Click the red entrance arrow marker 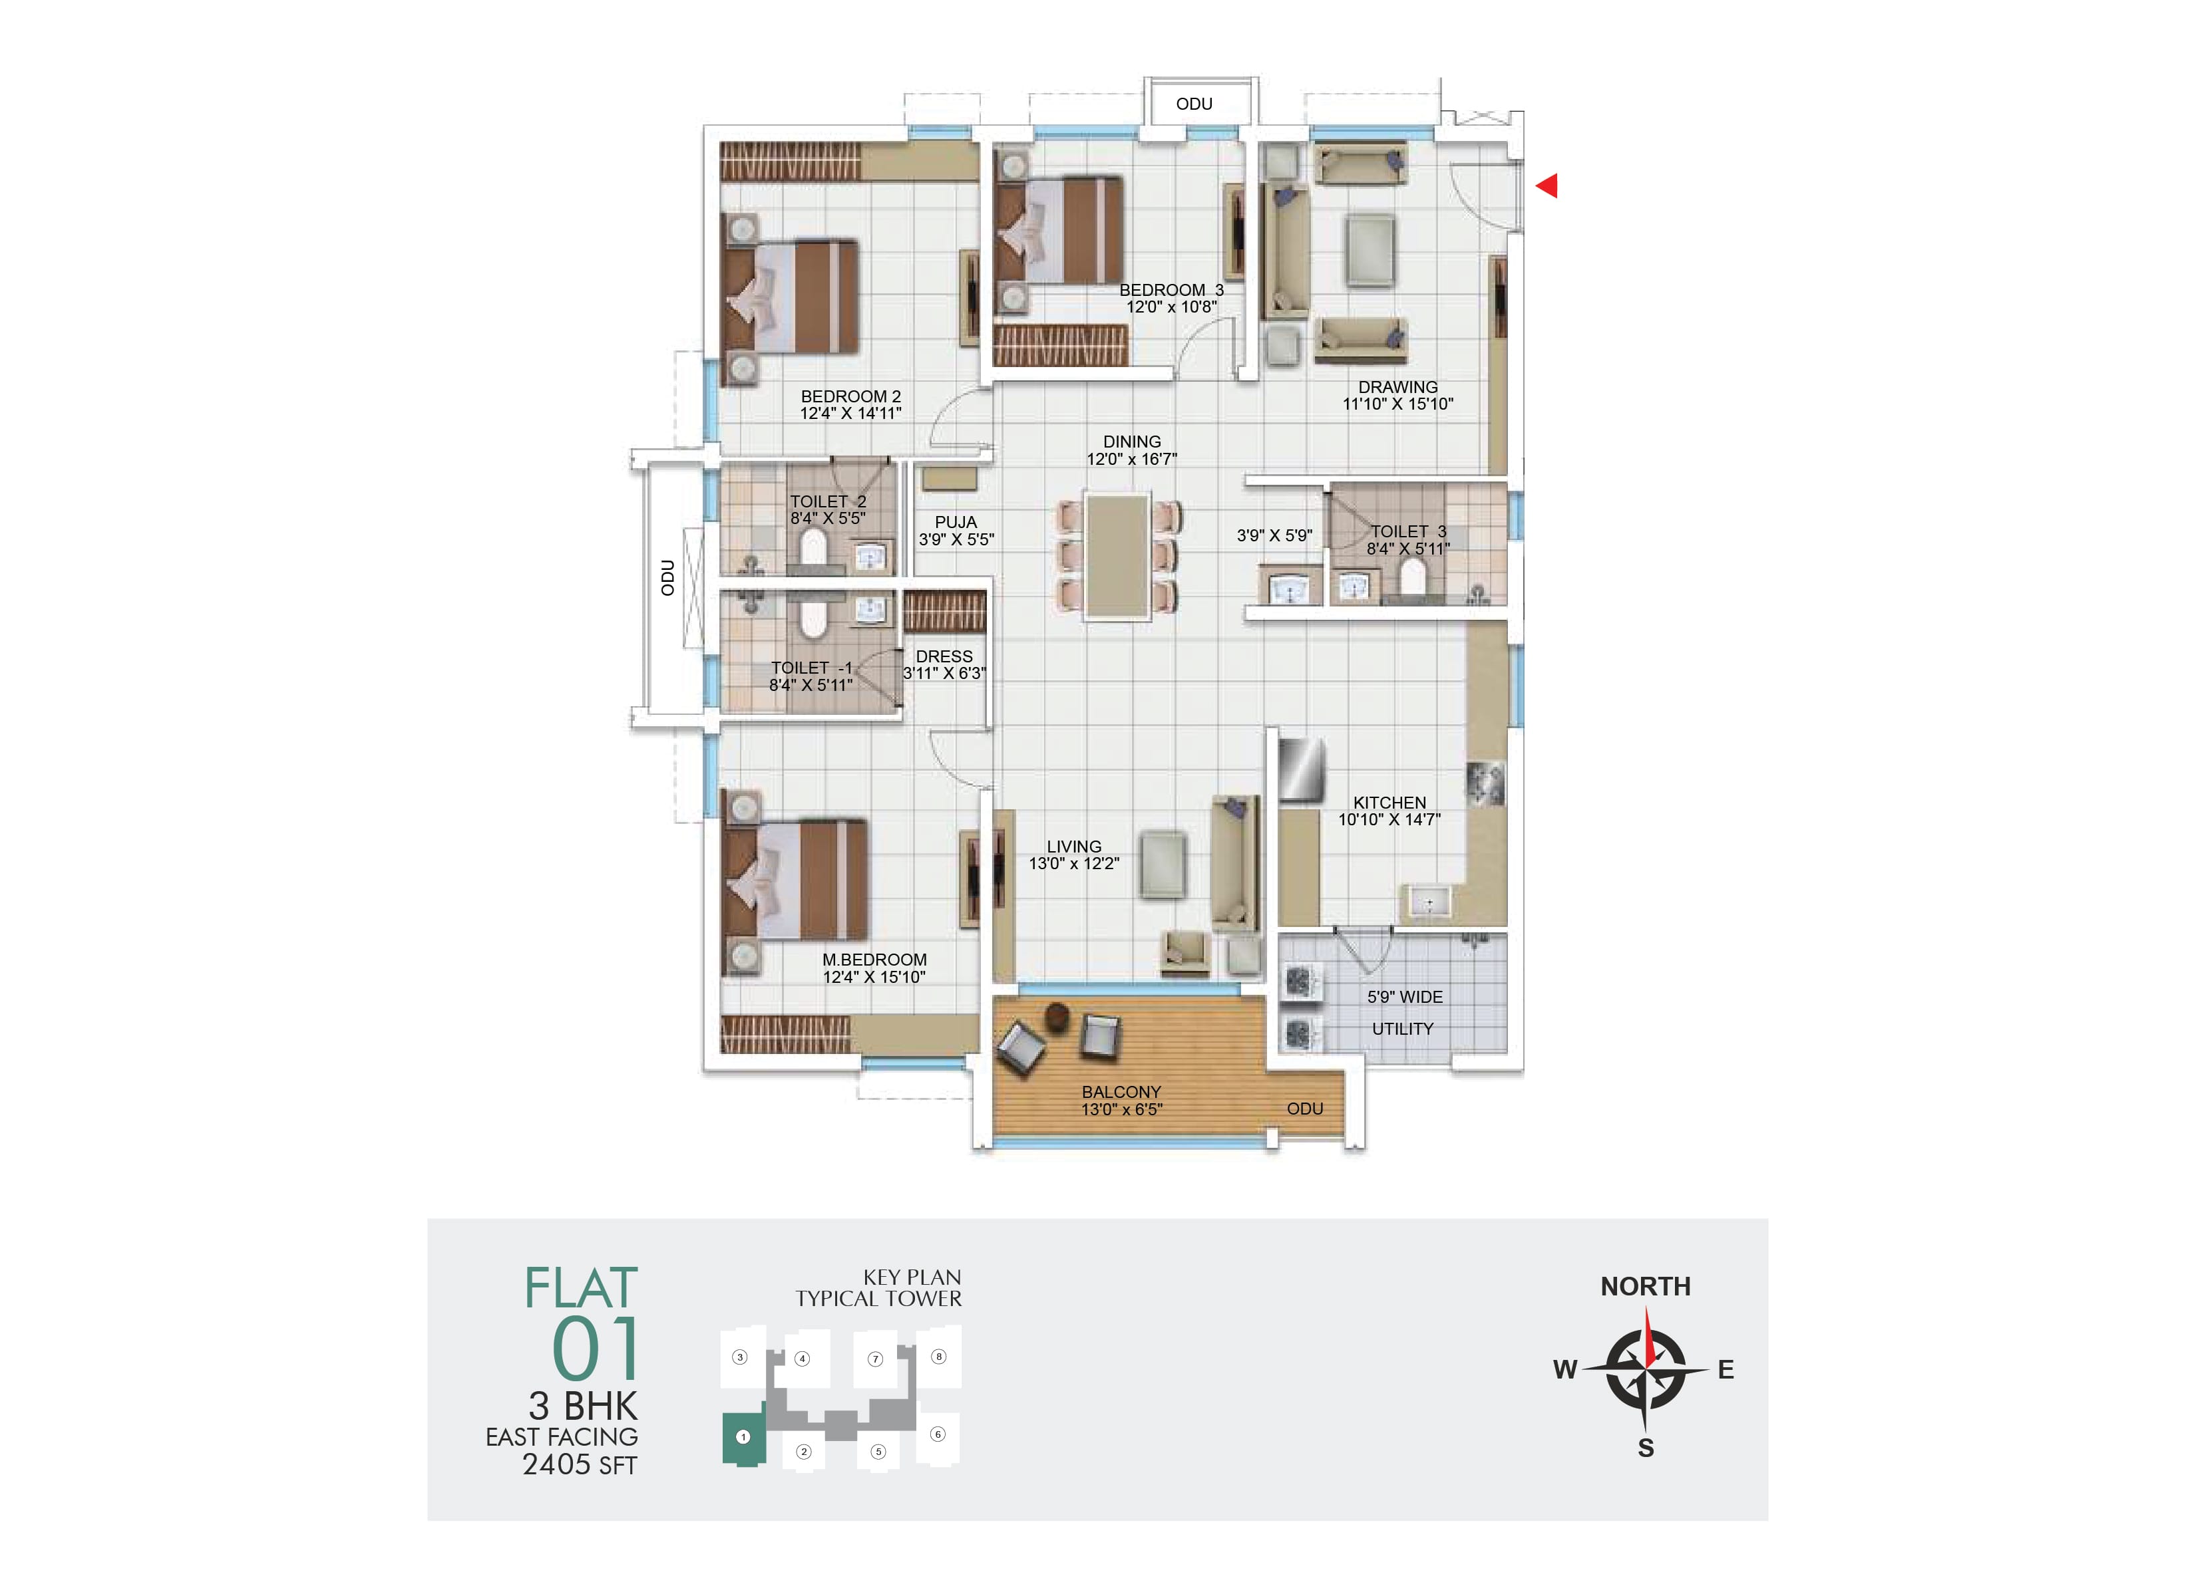pyautogui.click(x=1547, y=185)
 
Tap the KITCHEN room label pyautogui.click(x=1389, y=803)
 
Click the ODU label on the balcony pyautogui.click(x=1304, y=1108)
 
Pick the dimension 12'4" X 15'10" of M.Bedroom pyautogui.click(x=874, y=978)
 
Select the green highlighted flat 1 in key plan pyautogui.click(x=743, y=1437)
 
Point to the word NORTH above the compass pyautogui.click(x=1645, y=1286)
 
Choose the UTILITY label pyautogui.click(x=1402, y=1029)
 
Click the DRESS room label pyautogui.click(x=944, y=656)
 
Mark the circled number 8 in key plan pyautogui.click(x=938, y=1357)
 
